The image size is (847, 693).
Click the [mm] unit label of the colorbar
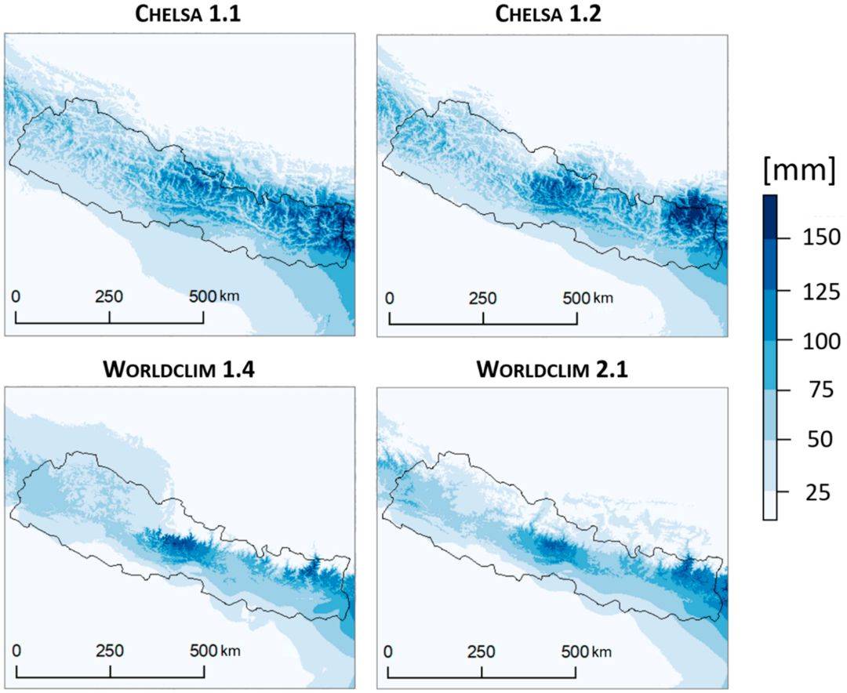click(x=800, y=171)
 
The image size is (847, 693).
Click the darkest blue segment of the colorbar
click(x=769, y=216)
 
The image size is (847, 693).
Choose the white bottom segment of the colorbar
click(x=769, y=505)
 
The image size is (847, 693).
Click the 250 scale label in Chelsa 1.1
click(x=109, y=298)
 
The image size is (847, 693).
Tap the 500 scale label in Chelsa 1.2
click(x=576, y=298)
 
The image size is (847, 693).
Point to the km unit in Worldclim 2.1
click(x=603, y=652)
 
